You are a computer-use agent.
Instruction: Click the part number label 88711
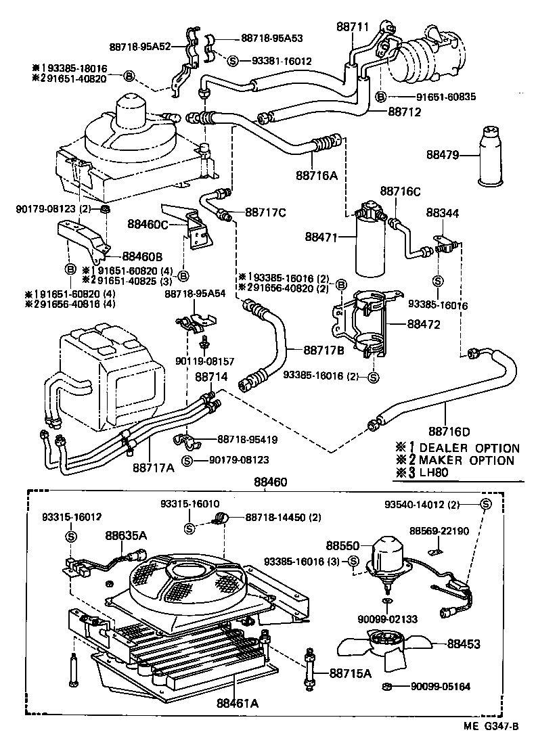point(353,26)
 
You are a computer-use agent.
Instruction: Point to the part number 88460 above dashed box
point(270,482)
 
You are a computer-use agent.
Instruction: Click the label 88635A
point(126,535)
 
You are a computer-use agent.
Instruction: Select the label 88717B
point(325,350)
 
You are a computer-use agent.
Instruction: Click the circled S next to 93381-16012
point(232,61)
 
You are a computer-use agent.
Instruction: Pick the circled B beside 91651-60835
point(382,97)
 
